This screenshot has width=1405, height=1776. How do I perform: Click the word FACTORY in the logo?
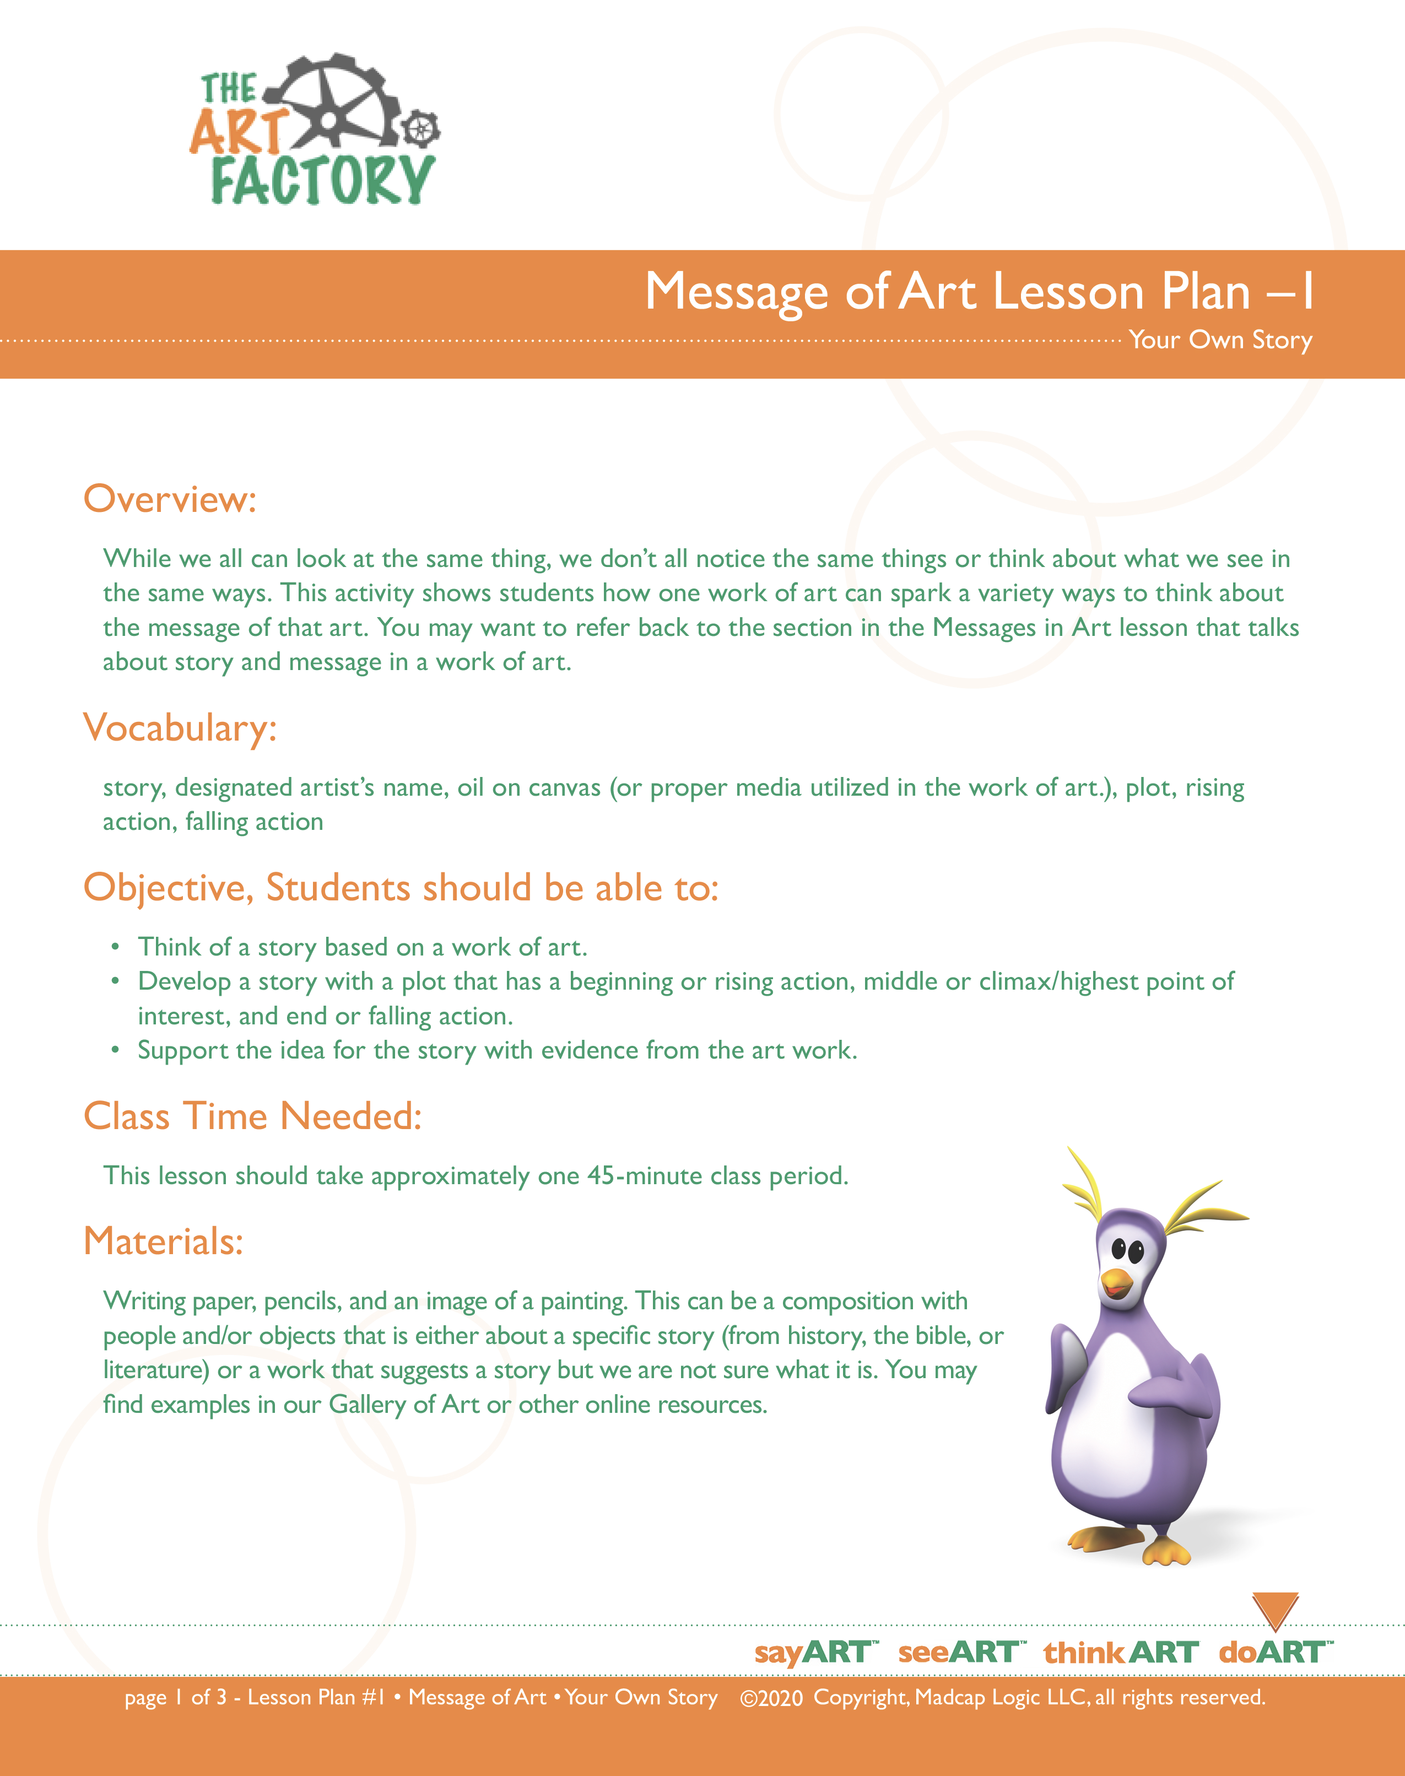pos(322,180)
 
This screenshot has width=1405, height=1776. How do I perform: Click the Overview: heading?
pos(170,499)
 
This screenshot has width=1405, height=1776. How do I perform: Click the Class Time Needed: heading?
pos(252,1116)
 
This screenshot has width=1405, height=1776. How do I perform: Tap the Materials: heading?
pos(164,1241)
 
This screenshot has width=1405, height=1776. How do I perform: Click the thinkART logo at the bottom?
pos(1120,1652)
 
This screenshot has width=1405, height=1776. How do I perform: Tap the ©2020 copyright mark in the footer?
pos(771,1698)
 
